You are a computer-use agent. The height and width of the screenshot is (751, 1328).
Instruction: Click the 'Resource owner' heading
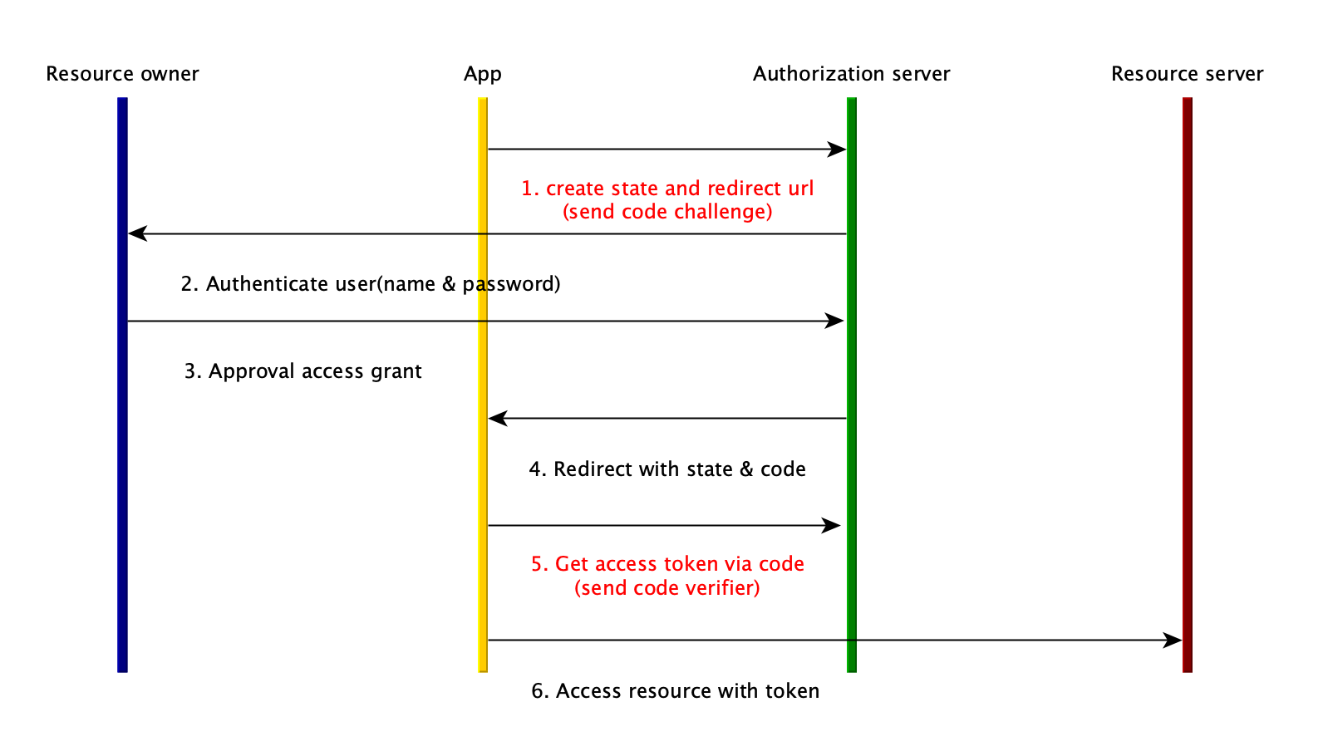[122, 74]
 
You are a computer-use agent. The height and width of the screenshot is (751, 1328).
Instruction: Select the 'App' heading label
[482, 74]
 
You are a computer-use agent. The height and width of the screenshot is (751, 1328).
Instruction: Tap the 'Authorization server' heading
[851, 74]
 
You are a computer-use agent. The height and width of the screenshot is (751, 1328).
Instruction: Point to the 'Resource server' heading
[1187, 74]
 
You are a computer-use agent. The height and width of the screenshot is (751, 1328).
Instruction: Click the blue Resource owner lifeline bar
[122, 498]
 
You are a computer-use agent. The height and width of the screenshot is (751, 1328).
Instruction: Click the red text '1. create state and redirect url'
[667, 189]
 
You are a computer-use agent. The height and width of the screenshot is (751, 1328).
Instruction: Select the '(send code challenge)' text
[667, 212]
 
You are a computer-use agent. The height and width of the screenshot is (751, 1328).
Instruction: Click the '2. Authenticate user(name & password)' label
[371, 284]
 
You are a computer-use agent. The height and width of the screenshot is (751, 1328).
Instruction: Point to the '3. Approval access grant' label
[302, 371]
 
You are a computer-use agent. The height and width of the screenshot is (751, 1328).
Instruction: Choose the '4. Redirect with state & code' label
[667, 469]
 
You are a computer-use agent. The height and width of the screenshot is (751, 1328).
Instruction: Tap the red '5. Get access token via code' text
[667, 564]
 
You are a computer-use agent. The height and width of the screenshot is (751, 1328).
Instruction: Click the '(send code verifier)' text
[667, 588]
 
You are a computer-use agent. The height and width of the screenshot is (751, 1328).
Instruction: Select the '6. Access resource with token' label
[675, 691]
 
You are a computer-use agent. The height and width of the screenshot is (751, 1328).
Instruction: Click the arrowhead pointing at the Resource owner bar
[137, 234]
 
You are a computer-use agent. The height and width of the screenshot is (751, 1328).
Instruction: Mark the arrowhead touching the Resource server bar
[1173, 641]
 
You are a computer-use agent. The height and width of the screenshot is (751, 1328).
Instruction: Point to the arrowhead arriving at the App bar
[497, 419]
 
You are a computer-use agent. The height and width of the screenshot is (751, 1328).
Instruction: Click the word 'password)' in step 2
[511, 284]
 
